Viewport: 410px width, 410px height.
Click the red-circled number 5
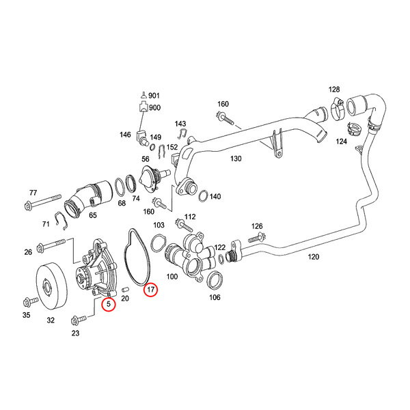pyautogui.click(x=107, y=305)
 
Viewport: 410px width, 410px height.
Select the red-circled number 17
pyautogui.click(x=150, y=290)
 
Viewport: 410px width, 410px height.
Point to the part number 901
pyautogui.click(x=154, y=96)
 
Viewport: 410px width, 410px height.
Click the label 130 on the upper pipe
pyautogui.click(x=236, y=159)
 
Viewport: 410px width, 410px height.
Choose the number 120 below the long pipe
pyautogui.click(x=313, y=258)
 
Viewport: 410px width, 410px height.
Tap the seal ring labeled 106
pyautogui.click(x=213, y=279)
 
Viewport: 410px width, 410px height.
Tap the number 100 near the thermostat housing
pyautogui.click(x=172, y=277)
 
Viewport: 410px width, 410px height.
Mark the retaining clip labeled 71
pyautogui.click(x=61, y=219)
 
